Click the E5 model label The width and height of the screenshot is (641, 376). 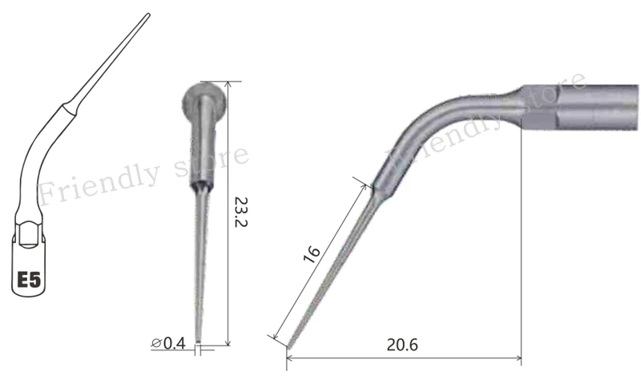click(x=29, y=280)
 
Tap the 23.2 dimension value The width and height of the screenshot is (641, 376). click(x=241, y=212)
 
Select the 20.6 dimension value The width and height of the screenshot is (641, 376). click(x=402, y=345)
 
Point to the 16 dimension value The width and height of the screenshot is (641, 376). click(x=312, y=254)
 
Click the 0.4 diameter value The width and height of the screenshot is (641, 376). click(x=175, y=343)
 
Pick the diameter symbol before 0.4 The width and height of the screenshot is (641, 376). click(x=156, y=343)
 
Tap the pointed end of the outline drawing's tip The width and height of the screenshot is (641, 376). click(x=148, y=15)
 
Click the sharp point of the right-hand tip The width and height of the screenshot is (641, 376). click(x=288, y=348)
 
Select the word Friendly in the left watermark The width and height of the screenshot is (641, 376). click(x=99, y=183)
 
